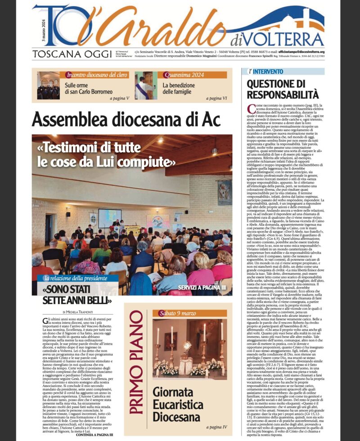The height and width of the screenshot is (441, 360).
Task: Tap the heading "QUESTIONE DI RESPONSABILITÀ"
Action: point(283,89)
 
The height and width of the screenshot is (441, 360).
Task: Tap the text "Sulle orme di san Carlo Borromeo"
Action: point(89,88)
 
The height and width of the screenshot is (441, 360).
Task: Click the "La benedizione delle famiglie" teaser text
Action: point(180,88)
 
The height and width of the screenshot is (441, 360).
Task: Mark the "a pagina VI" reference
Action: point(218,98)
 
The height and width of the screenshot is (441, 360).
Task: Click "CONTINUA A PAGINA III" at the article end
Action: point(94,435)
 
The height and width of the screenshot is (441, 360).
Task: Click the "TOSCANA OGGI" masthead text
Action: point(72,54)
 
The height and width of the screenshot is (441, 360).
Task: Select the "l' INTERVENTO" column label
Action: point(266,72)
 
